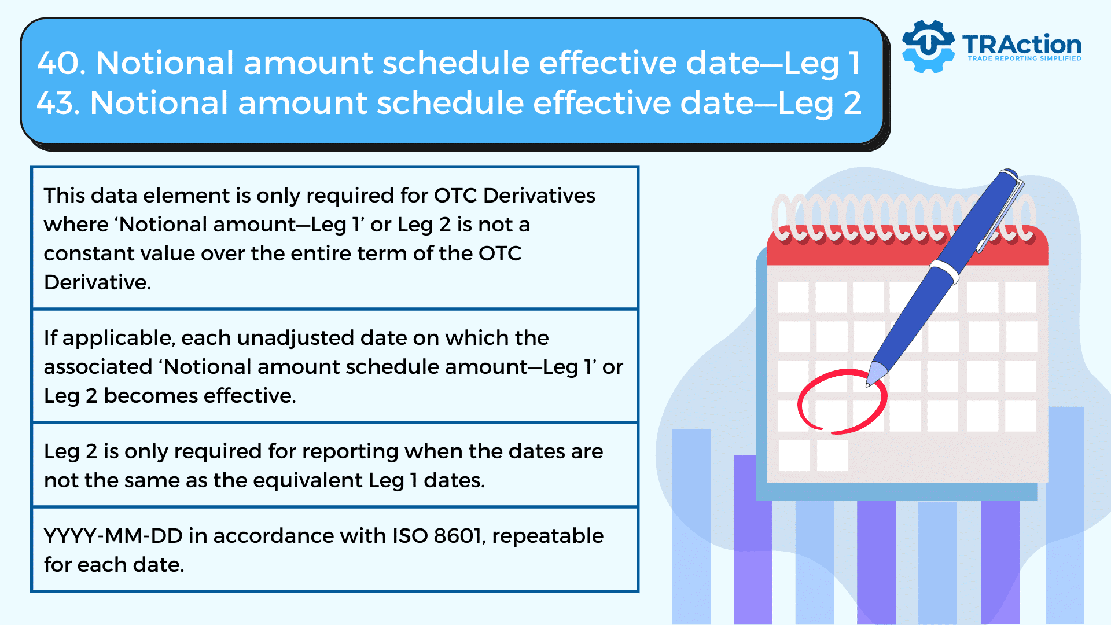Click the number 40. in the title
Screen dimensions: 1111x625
coord(61,62)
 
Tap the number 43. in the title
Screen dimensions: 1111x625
coord(58,103)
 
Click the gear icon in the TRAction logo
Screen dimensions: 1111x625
coord(928,46)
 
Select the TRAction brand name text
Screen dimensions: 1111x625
coord(1022,44)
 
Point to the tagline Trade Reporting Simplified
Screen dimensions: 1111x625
coord(1025,58)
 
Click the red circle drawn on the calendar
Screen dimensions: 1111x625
coord(842,401)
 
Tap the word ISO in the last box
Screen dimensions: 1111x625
coord(410,536)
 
